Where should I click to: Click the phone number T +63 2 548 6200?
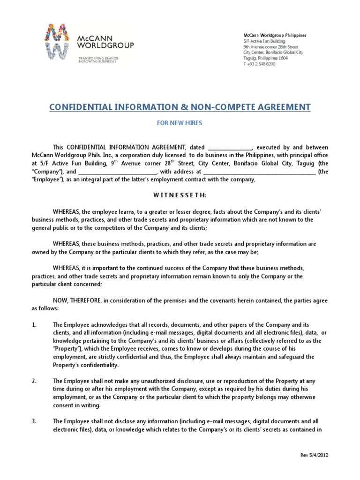[259, 64]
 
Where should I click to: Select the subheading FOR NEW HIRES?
[180, 124]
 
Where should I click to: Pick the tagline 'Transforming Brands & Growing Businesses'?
[98, 60]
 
